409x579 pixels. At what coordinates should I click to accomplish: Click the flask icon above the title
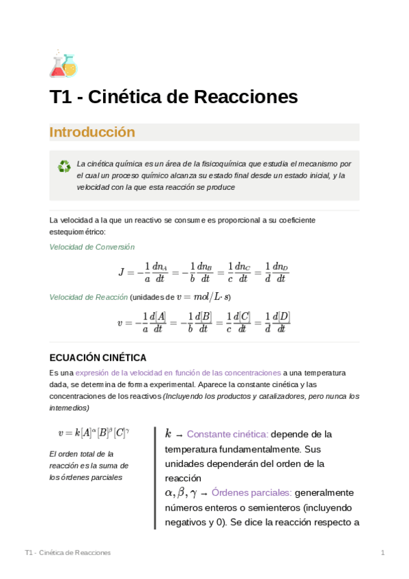click(64, 63)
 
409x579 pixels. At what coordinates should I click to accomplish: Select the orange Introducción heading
click(92, 132)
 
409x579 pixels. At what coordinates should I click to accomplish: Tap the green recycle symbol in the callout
click(64, 166)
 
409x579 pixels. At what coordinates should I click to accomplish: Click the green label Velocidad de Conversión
click(92, 247)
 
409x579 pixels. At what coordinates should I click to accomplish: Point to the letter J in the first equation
click(122, 272)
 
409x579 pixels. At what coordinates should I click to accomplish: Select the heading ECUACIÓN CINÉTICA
click(98, 358)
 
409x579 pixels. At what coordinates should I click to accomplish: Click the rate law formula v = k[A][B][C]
click(94, 432)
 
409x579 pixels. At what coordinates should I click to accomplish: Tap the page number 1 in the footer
click(383, 552)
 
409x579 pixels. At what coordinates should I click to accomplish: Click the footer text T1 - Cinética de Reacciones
click(68, 552)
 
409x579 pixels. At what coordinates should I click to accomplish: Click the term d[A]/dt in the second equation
click(158, 322)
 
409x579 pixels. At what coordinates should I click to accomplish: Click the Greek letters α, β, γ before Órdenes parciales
click(181, 492)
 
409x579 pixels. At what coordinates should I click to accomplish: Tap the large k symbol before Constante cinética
click(168, 433)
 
